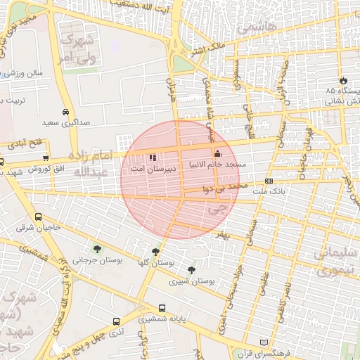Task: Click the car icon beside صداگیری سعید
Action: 65,112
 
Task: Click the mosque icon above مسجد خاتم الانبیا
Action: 217,154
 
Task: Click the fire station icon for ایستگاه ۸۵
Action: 343,81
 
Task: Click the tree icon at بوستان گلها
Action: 155,251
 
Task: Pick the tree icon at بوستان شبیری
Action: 191,270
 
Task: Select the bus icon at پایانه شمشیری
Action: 163,308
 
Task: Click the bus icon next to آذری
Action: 116,321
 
